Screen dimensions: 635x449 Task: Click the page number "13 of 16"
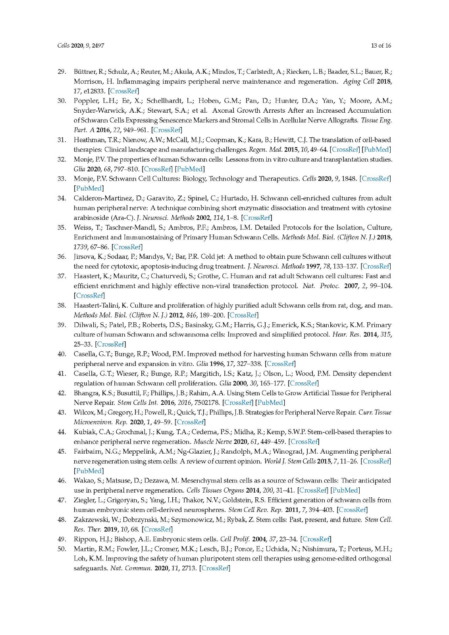[x=381, y=46]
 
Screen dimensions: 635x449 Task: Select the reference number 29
[x=62, y=72]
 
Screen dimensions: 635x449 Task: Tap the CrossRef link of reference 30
[x=167, y=130]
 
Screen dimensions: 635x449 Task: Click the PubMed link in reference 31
[x=376, y=150]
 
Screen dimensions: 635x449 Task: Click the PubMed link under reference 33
[x=89, y=189]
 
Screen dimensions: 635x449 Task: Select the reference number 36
[x=62, y=257]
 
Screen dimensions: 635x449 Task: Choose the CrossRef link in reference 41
[x=303, y=383]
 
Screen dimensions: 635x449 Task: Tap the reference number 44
[x=62, y=432]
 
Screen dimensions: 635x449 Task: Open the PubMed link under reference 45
[x=89, y=471]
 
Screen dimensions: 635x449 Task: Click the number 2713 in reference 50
[x=188, y=568]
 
